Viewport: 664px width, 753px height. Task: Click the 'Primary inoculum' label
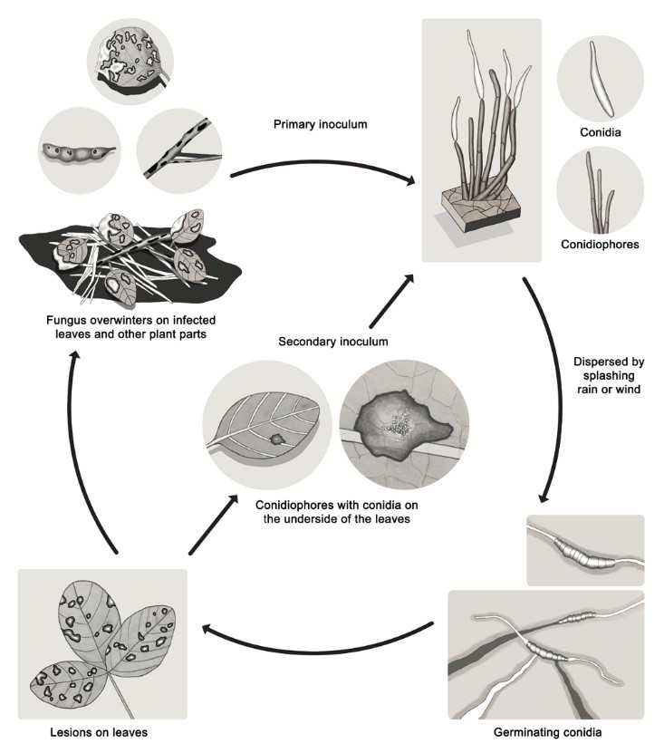320,124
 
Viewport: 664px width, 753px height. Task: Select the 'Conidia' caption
600,132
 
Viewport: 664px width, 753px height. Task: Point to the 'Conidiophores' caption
600,244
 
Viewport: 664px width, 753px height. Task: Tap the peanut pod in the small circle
77,150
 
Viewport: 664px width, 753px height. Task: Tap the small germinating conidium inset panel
585,550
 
